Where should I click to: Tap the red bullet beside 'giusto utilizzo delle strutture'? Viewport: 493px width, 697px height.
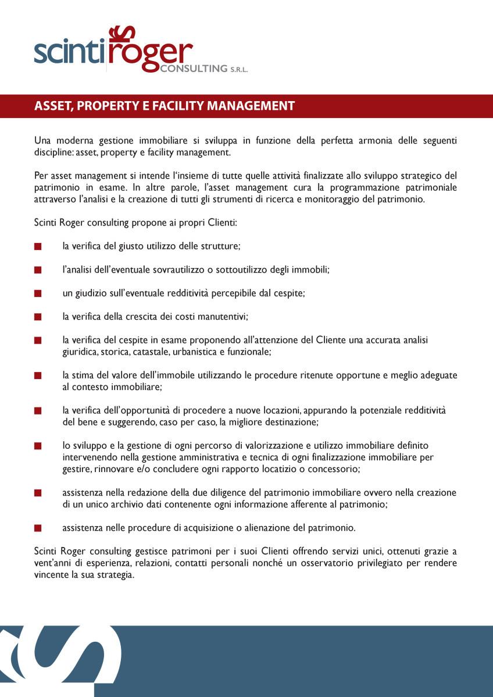click(x=38, y=246)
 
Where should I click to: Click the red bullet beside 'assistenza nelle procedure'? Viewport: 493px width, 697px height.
click(x=38, y=528)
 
